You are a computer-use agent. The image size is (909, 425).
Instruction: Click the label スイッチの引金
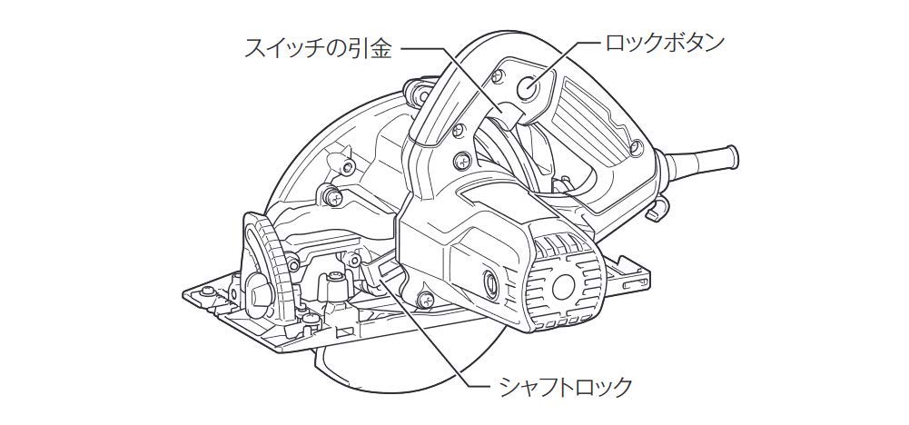pos(319,48)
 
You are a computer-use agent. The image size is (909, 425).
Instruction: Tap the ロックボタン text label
pos(665,43)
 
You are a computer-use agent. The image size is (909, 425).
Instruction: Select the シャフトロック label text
pos(565,386)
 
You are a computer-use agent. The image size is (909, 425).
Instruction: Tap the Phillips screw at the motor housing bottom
pos(424,300)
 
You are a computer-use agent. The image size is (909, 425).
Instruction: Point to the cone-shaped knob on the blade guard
pos(338,161)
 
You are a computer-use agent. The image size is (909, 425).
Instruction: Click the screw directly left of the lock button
pos(498,75)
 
